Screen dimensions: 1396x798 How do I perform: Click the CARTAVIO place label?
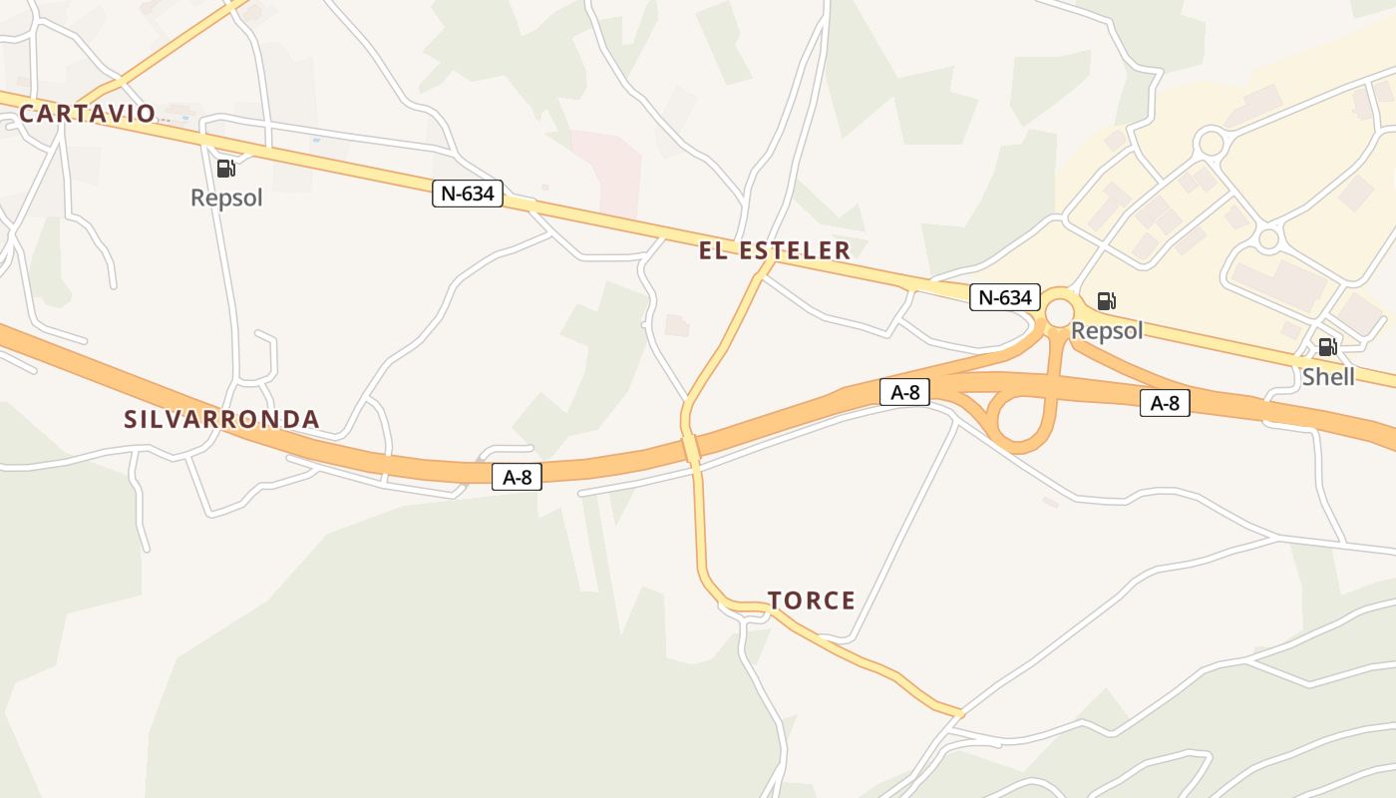[88, 114]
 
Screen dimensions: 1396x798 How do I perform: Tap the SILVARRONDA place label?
[221, 420]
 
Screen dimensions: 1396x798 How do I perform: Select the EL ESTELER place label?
[775, 250]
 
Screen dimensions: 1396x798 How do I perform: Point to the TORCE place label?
[812, 600]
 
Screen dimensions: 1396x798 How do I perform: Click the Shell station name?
[1328, 377]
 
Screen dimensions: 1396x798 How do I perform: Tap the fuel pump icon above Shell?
[1327, 347]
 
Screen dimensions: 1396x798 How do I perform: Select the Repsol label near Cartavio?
[226, 198]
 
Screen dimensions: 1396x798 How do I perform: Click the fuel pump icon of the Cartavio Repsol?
[226, 169]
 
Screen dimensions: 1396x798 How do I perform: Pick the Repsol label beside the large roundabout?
[1107, 331]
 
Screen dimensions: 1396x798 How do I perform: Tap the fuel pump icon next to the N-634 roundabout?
[1106, 300]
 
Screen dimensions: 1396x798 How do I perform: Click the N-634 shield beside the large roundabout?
[1005, 297]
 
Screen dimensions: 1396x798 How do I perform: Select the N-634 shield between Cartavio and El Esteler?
[468, 194]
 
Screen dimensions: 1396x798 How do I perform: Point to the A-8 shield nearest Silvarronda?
[517, 478]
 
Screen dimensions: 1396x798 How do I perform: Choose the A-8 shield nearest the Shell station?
[1165, 403]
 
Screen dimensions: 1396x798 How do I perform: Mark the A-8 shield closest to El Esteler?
[904, 393]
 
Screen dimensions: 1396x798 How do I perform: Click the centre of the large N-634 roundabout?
[1060, 313]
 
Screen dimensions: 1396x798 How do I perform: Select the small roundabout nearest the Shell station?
[1268, 239]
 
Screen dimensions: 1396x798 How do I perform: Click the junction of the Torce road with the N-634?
[766, 261]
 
